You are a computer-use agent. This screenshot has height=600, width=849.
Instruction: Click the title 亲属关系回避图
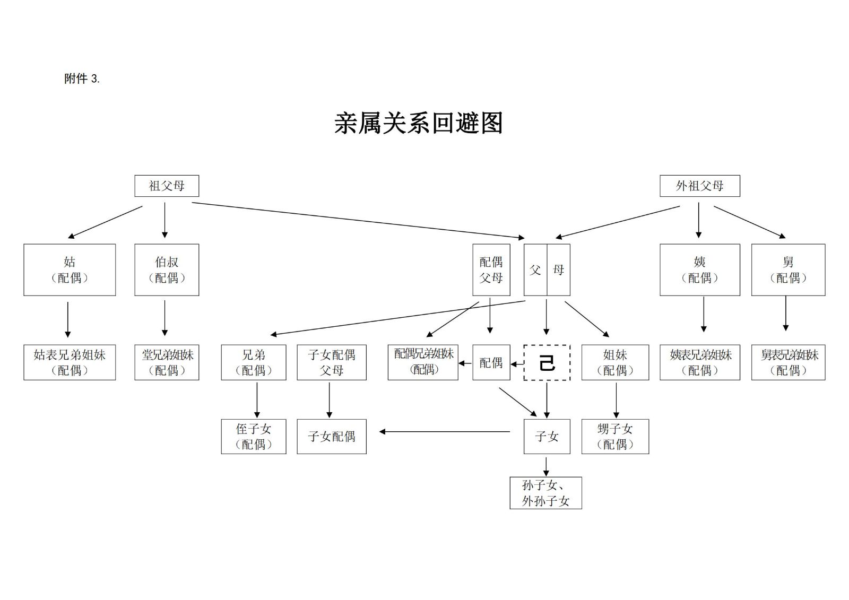tap(418, 123)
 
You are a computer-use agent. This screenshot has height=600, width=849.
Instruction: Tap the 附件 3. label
tap(82, 79)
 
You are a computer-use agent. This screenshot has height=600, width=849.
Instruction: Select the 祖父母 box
tap(167, 186)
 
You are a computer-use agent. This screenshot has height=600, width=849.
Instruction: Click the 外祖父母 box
tap(699, 186)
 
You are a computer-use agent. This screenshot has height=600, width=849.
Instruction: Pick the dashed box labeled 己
tap(547, 363)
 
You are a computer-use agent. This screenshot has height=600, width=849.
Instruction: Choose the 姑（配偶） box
tap(70, 269)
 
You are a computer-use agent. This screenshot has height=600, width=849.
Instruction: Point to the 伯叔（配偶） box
tap(167, 269)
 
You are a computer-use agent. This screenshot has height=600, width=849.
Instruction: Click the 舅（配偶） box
tap(788, 269)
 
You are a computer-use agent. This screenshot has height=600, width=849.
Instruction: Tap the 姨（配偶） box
tap(699, 269)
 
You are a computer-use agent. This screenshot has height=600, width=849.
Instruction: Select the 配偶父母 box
tap(491, 269)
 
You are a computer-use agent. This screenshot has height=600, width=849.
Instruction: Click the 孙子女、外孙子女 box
tap(545, 493)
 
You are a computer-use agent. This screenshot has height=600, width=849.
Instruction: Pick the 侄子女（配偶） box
tap(254, 437)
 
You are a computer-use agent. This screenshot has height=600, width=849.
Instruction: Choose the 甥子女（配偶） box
tap(615, 437)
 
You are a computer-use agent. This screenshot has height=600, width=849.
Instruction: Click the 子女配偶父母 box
tap(332, 363)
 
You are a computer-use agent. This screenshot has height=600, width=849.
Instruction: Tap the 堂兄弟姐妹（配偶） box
tap(167, 363)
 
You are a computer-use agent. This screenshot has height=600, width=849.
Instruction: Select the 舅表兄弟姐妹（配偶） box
tap(788, 363)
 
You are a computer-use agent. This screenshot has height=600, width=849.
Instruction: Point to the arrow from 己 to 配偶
tap(517, 364)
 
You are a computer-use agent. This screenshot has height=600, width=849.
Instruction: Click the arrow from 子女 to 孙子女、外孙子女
tap(546, 465)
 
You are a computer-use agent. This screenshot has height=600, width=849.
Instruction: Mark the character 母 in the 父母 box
tap(558, 269)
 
